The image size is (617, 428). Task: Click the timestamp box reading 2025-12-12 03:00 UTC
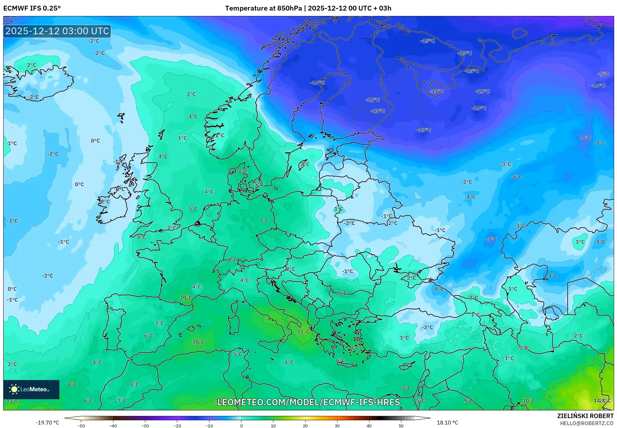(57, 31)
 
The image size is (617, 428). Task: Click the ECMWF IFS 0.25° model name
(32, 8)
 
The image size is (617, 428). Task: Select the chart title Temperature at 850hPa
(263, 8)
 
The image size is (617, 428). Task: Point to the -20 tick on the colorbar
(177, 425)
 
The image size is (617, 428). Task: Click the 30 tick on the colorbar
(337, 425)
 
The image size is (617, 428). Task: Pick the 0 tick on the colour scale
(241, 425)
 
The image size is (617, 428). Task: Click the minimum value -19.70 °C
(47, 423)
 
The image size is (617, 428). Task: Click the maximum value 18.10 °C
(447, 423)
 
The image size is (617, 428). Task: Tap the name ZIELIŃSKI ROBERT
(585, 416)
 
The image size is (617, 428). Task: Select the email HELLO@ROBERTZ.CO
(586, 423)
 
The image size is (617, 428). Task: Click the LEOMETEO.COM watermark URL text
(308, 402)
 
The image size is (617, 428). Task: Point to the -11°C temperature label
(436, 91)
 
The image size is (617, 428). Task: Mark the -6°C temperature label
(516, 177)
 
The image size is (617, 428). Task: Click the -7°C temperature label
(491, 239)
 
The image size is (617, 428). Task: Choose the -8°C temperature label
(585, 138)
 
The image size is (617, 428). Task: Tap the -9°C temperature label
(603, 74)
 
